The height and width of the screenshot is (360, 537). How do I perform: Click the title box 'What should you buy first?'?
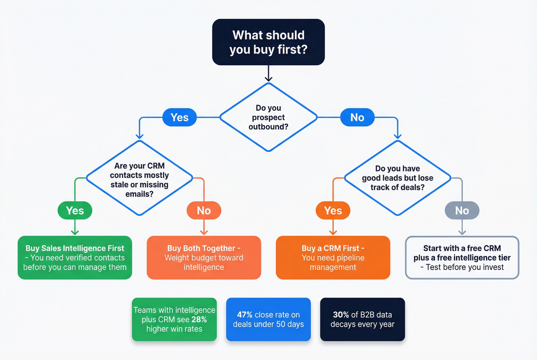[268, 42]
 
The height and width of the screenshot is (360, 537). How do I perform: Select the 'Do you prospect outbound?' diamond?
[268, 117]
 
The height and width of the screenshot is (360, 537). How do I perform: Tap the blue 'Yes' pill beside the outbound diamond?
[180, 117]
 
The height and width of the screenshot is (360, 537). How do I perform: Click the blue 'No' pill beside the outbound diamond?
[357, 117]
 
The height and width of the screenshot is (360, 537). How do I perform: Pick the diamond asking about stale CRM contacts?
[139, 178]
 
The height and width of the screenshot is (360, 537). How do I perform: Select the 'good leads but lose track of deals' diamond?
[397, 178]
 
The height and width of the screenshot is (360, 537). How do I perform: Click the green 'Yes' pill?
[75, 210]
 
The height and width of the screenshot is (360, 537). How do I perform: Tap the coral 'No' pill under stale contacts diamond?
[204, 210]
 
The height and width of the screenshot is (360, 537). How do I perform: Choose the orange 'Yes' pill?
[333, 210]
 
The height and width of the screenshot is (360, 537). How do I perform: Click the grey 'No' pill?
[462, 210]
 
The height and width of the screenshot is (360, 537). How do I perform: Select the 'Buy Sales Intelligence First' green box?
[75, 258]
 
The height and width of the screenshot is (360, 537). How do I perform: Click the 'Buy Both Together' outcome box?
[204, 258]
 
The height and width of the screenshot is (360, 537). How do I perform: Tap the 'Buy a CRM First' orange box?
[333, 258]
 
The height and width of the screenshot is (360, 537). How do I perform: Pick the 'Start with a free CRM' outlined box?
[462, 258]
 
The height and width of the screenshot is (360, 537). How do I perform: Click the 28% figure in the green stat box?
[199, 319]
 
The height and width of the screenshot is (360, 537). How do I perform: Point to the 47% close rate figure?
[245, 315]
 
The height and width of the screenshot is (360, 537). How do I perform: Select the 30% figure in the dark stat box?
[341, 315]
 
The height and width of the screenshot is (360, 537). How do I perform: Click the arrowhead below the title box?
[268, 79]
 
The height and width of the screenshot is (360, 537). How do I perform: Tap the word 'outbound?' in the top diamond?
[268, 127]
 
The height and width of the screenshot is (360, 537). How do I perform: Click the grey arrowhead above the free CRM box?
[462, 232]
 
